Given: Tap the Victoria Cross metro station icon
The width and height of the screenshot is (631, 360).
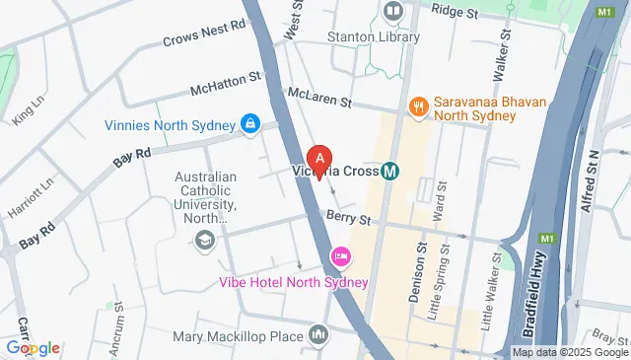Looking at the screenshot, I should (390, 170).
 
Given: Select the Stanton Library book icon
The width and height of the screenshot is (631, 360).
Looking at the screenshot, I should (394, 12).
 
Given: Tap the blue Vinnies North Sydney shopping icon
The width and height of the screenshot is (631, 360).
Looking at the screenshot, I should (249, 124).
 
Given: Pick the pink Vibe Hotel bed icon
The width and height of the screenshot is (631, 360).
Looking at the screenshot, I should (341, 256).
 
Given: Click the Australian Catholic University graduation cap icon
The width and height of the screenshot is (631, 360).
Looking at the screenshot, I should (205, 241).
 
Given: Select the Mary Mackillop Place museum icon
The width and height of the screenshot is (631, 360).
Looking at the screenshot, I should (318, 336).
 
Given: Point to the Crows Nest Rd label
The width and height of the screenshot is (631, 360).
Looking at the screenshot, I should (204, 37).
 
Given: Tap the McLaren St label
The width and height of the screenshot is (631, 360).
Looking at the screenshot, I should (319, 98).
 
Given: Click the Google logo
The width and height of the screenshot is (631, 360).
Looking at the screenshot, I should (32, 347).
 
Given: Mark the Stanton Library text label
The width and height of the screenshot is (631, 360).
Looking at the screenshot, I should (374, 37).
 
